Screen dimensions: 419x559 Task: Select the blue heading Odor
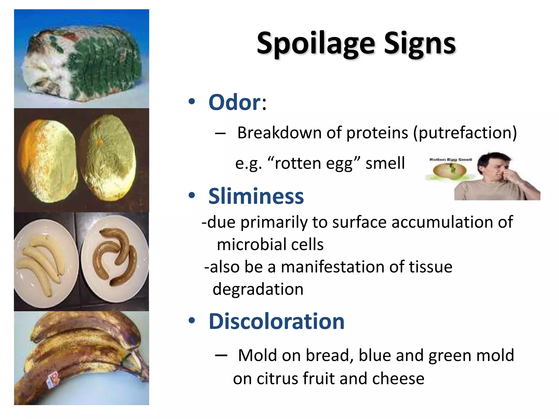coord(235,102)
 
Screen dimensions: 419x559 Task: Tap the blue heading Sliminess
coord(256,196)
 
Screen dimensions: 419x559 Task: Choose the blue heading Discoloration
coord(276,321)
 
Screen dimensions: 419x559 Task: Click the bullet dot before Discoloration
coord(192,321)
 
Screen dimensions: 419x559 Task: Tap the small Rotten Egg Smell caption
coord(451,160)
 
